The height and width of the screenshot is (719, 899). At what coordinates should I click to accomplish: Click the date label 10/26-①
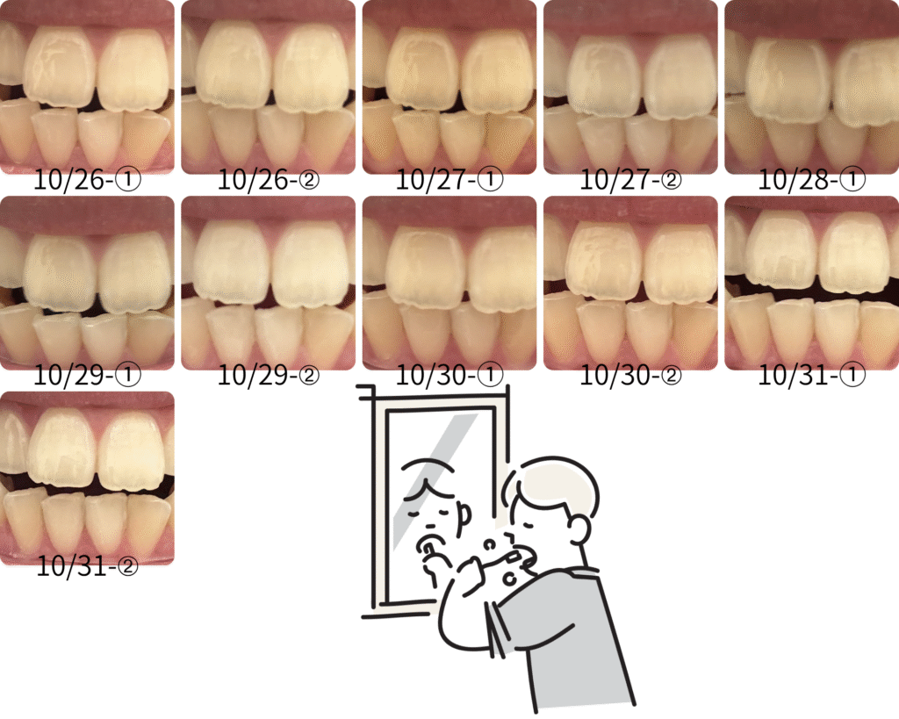(x=87, y=180)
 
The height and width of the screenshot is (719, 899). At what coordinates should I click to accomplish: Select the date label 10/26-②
(x=269, y=180)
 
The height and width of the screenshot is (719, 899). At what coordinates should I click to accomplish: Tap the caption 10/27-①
(x=449, y=180)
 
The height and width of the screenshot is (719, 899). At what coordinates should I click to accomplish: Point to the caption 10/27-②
(x=630, y=180)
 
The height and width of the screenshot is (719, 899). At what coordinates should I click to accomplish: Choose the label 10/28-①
(x=812, y=180)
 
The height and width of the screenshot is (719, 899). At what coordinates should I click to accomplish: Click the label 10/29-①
(x=87, y=376)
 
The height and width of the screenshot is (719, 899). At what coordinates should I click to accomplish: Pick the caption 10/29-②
(x=269, y=376)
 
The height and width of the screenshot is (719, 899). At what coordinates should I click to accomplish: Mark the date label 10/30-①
(x=449, y=376)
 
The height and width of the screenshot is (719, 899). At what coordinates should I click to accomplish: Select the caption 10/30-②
(x=630, y=376)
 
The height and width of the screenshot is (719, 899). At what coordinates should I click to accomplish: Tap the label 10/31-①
(x=812, y=376)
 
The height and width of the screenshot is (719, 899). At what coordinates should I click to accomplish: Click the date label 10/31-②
(x=87, y=567)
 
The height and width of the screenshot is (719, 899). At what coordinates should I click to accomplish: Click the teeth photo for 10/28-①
(x=812, y=87)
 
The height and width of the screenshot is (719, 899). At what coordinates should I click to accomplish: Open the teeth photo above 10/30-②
(x=630, y=283)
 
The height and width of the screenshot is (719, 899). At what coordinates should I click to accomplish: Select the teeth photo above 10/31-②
(x=87, y=478)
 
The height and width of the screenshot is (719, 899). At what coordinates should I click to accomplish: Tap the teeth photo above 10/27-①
(x=449, y=87)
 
